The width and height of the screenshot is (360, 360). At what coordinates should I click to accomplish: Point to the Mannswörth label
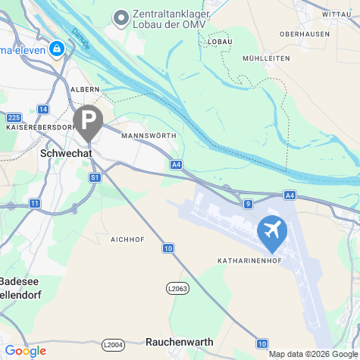pyautogui.click(x=148, y=136)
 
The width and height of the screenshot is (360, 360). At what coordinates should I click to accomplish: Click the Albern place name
pyautogui.click(x=85, y=89)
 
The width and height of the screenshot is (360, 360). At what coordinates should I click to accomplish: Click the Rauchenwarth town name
pyautogui.click(x=179, y=342)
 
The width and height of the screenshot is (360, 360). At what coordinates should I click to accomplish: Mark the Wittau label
pyautogui.click(x=337, y=14)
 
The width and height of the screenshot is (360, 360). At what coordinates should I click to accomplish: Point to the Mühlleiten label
pyautogui.click(x=266, y=58)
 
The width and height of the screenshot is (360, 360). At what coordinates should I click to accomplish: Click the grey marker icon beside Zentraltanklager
pyautogui.click(x=120, y=17)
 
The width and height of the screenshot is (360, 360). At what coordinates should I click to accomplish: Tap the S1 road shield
pyautogui.click(x=95, y=177)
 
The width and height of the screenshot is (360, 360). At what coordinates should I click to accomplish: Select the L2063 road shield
pyautogui.click(x=176, y=288)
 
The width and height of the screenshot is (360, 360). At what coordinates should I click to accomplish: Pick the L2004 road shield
pyautogui.click(x=112, y=345)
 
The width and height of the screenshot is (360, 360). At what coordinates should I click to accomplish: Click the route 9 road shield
pyautogui.click(x=248, y=203)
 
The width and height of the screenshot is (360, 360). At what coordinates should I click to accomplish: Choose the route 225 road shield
pyautogui.click(x=14, y=117)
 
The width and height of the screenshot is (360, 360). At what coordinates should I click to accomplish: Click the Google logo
pyautogui.click(x=26, y=351)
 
